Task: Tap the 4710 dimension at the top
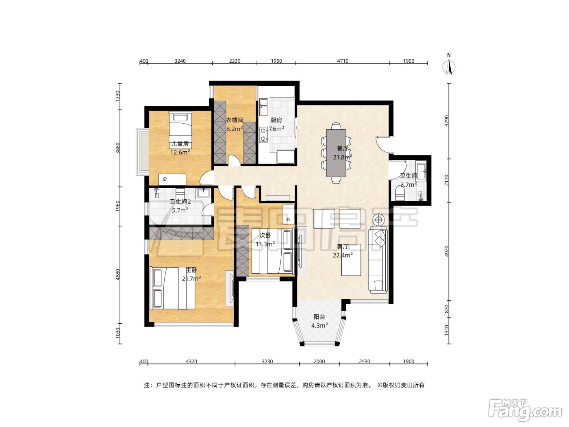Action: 343,61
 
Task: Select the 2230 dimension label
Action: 235,61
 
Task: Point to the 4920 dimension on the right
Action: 446,251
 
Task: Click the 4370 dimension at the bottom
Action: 191,362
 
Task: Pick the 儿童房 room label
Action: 180,144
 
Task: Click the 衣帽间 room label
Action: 235,120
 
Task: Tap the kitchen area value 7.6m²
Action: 276,129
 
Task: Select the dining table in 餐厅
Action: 336,153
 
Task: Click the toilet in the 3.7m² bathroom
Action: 400,194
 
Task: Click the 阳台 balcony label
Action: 319,317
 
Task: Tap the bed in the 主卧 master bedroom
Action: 172,288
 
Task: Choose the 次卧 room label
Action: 265,235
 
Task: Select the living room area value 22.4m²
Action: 343,255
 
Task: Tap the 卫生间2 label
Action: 180,202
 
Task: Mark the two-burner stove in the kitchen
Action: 263,134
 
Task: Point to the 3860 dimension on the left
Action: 118,148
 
